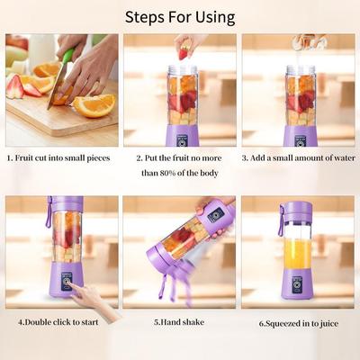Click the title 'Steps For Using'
(x=180, y=17)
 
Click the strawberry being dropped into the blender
(x=184, y=53)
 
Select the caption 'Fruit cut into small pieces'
(x=61, y=157)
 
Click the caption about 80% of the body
(x=180, y=164)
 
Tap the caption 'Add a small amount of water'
(x=298, y=157)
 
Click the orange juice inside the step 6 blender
(x=297, y=255)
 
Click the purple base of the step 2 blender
(x=182, y=136)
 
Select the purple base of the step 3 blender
(x=300, y=136)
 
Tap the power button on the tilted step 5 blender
(x=215, y=215)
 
